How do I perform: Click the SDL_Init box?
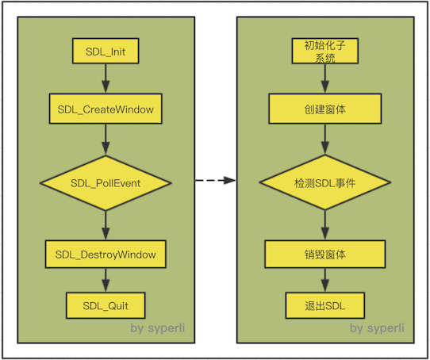tap(106, 52)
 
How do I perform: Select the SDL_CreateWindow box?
tap(106, 108)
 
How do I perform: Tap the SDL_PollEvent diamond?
tap(106, 183)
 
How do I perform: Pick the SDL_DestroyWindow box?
tap(106, 255)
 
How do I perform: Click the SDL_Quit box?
tap(106, 304)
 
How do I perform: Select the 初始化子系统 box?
tap(324, 52)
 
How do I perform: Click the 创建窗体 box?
tap(324, 108)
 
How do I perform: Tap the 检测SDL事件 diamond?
tap(324, 183)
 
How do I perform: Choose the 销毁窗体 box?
tap(324, 255)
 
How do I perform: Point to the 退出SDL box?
tap(324, 304)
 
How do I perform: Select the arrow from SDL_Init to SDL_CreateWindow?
tap(106, 79)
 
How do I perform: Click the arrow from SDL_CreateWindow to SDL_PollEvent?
tap(106, 139)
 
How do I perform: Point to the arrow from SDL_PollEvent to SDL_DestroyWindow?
tap(106, 226)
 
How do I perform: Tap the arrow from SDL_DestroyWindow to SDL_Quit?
tap(106, 280)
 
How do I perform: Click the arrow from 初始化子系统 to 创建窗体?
tap(324, 79)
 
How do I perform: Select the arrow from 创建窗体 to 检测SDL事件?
tap(324, 139)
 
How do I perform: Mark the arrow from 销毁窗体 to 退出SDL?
tap(324, 280)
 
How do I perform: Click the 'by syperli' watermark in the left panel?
tap(159, 327)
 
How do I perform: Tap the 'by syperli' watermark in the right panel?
tap(377, 327)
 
